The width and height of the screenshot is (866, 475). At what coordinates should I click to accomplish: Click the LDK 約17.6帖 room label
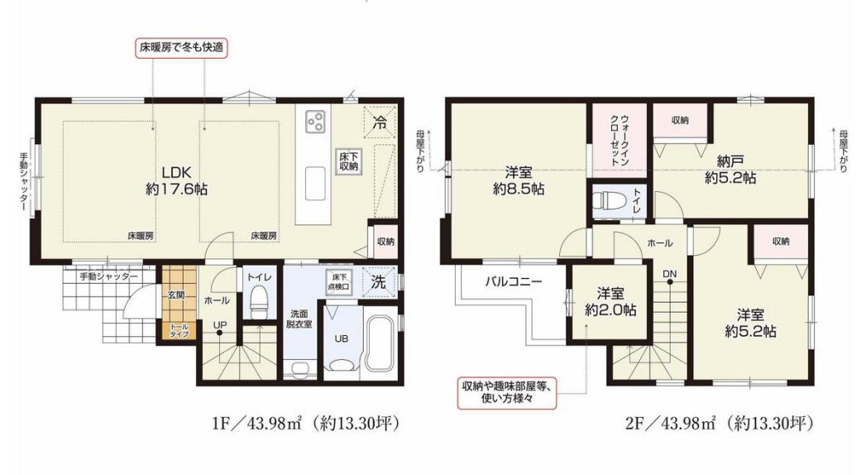click(177, 180)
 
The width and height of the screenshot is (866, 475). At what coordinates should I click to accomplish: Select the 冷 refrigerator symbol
click(380, 122)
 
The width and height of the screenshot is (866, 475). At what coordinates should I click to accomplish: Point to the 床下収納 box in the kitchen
click(349, 161)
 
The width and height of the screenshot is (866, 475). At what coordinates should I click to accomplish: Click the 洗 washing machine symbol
click(379, 281)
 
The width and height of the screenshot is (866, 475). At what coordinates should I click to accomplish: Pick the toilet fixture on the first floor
click(258, 304)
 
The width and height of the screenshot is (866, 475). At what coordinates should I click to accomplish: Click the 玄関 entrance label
click(176, 295)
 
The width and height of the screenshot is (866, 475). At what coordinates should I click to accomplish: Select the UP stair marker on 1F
click(220, 328)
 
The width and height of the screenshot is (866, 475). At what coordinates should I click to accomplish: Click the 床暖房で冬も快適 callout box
click(181, 47)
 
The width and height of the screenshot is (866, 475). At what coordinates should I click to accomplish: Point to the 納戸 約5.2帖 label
click(730, 170)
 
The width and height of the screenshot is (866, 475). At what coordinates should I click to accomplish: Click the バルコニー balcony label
click(514, 281)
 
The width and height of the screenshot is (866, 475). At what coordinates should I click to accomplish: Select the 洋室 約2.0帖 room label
click(610, 301)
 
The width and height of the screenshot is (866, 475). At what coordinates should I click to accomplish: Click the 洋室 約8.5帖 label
click(518, 180)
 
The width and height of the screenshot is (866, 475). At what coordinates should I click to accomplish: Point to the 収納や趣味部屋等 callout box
click(506, 393)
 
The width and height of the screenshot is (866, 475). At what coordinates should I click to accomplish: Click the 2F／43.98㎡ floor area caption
click(719, 424)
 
